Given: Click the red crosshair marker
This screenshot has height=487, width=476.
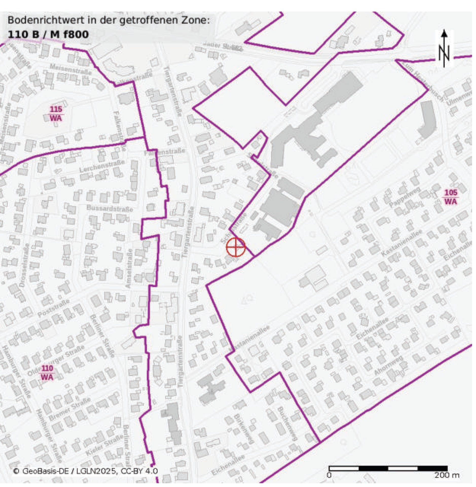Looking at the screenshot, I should tap(235, 247).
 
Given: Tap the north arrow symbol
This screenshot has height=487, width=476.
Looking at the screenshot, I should tap(444, 48).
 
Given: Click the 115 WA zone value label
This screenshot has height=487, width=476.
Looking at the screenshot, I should tap(56, 114).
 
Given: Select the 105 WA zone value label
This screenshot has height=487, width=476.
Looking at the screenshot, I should tap(451, 197).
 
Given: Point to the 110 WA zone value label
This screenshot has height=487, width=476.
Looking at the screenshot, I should tap(47, 373).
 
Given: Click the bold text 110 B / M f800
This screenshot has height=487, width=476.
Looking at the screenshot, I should tap(48, 34).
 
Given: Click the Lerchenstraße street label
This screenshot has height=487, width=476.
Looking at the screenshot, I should tap(102, 166).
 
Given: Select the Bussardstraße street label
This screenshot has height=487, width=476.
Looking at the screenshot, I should tap(109, 209).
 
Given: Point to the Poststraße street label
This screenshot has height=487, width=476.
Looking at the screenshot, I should tap(53, 308).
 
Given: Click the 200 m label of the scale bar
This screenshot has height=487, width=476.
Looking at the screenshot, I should tap(447, 475).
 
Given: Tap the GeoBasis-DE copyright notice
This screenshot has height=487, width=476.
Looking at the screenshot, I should tap(85, 471).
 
